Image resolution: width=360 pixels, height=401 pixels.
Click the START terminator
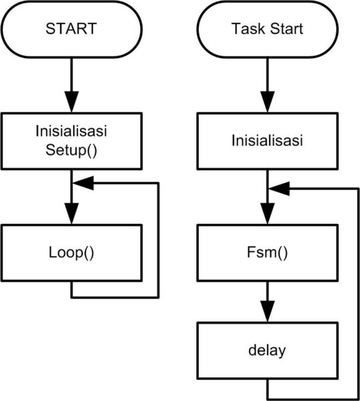(x=71, y=29)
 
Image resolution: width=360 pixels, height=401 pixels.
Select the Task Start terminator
(x=268, y=29)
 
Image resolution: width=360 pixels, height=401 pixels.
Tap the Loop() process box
(x=71, y=253)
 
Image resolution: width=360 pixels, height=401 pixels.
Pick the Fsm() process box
(x=268, y=253)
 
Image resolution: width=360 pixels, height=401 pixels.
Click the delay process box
(x=268, y=350)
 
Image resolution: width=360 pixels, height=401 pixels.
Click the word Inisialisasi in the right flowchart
(x=268, y=142)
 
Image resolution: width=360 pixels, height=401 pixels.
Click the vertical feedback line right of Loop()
(x=159, y=241)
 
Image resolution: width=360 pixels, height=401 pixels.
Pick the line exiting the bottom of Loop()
(x=71, y=289)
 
